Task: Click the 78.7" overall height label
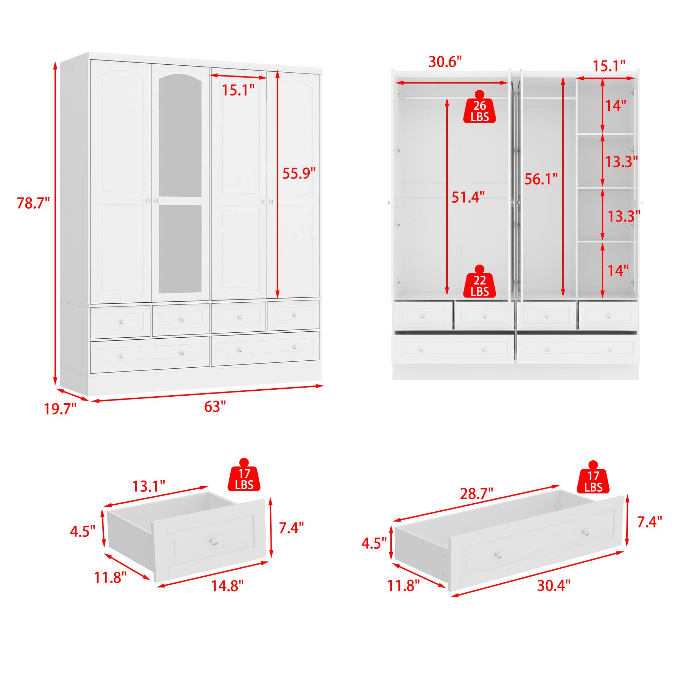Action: pyautogui.click(x=33, y=203)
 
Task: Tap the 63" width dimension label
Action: pyautogui.click(x=215, y=407)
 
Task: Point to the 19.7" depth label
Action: pyautogui.click(x=60, y=409)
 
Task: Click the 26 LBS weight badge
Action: pyautogui.click(x=480, y=110)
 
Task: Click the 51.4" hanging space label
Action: pyautogui.click(x=468, y=197)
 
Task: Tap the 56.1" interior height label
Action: pyautogui.click(x=541, y=179)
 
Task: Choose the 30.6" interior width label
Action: pyautogui.click(x=445, y=62)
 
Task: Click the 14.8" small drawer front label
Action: pyautogui.click(x=227, y=586)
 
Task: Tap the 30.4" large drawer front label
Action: pyautogui.click(x=554, y=585)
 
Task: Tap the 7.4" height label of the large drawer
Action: pyautogui.click(x=649, y=522)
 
